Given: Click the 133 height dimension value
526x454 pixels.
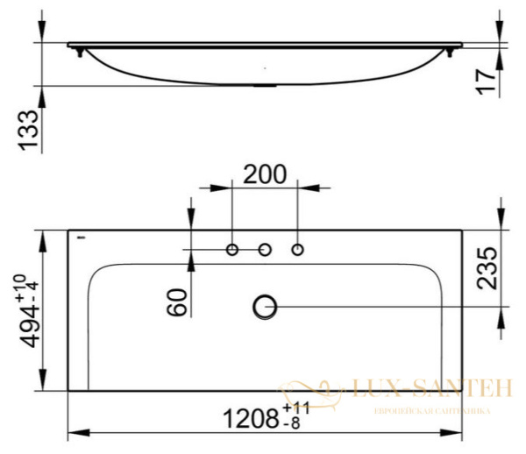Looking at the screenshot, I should point(28,131).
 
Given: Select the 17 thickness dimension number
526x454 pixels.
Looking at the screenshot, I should point(487,81).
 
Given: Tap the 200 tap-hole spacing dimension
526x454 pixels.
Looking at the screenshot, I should point(264,174).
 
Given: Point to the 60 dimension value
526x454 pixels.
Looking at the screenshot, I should point(177,304).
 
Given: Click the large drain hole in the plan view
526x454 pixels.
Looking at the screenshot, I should point(265,306).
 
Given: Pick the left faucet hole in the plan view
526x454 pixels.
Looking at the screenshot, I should point(232,251).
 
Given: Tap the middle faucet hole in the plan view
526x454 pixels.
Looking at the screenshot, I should point(265,251).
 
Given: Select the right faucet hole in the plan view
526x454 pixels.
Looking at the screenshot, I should point(297,251).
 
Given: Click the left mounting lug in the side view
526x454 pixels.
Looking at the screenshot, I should point(82,53).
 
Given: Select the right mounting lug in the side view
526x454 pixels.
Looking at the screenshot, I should point(450,53).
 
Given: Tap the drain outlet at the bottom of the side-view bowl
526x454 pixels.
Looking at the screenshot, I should point(264,85).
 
